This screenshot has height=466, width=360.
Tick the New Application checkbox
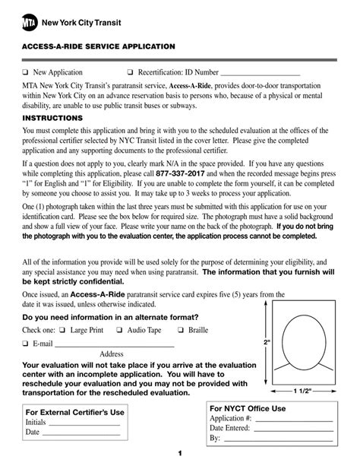tap(25, 71)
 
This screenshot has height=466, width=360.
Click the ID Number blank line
tap(260, 74)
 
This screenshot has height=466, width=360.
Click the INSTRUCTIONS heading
tap(52, 119)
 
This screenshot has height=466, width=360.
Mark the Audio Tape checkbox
tap(120, 330)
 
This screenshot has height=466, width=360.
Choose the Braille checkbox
tap(181, 330)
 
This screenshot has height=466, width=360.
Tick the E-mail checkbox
tap(25, 344)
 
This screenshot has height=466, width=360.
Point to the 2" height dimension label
tap(267, 342)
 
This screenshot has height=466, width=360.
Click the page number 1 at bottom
tap(180, 454)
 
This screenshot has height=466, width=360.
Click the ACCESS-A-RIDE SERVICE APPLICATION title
tap(99, 46)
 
